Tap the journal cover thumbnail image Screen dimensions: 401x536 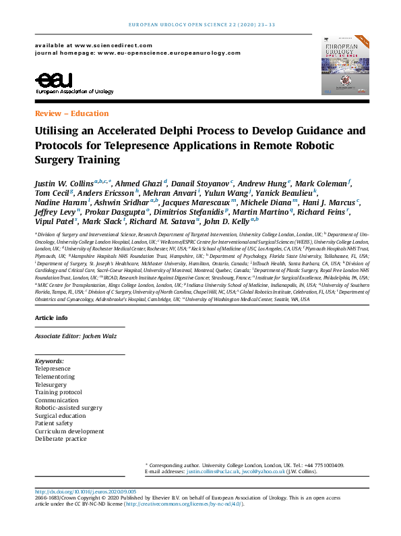(345, 66)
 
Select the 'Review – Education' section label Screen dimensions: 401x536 (71, 113)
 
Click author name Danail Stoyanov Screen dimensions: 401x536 (202, 184)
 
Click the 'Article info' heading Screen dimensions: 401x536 (51, 317)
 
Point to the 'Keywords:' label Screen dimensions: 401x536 (49, 362)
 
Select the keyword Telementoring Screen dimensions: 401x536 (55, 377)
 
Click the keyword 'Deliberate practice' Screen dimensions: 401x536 (61, 439)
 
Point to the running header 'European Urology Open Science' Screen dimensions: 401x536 (201, 25)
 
